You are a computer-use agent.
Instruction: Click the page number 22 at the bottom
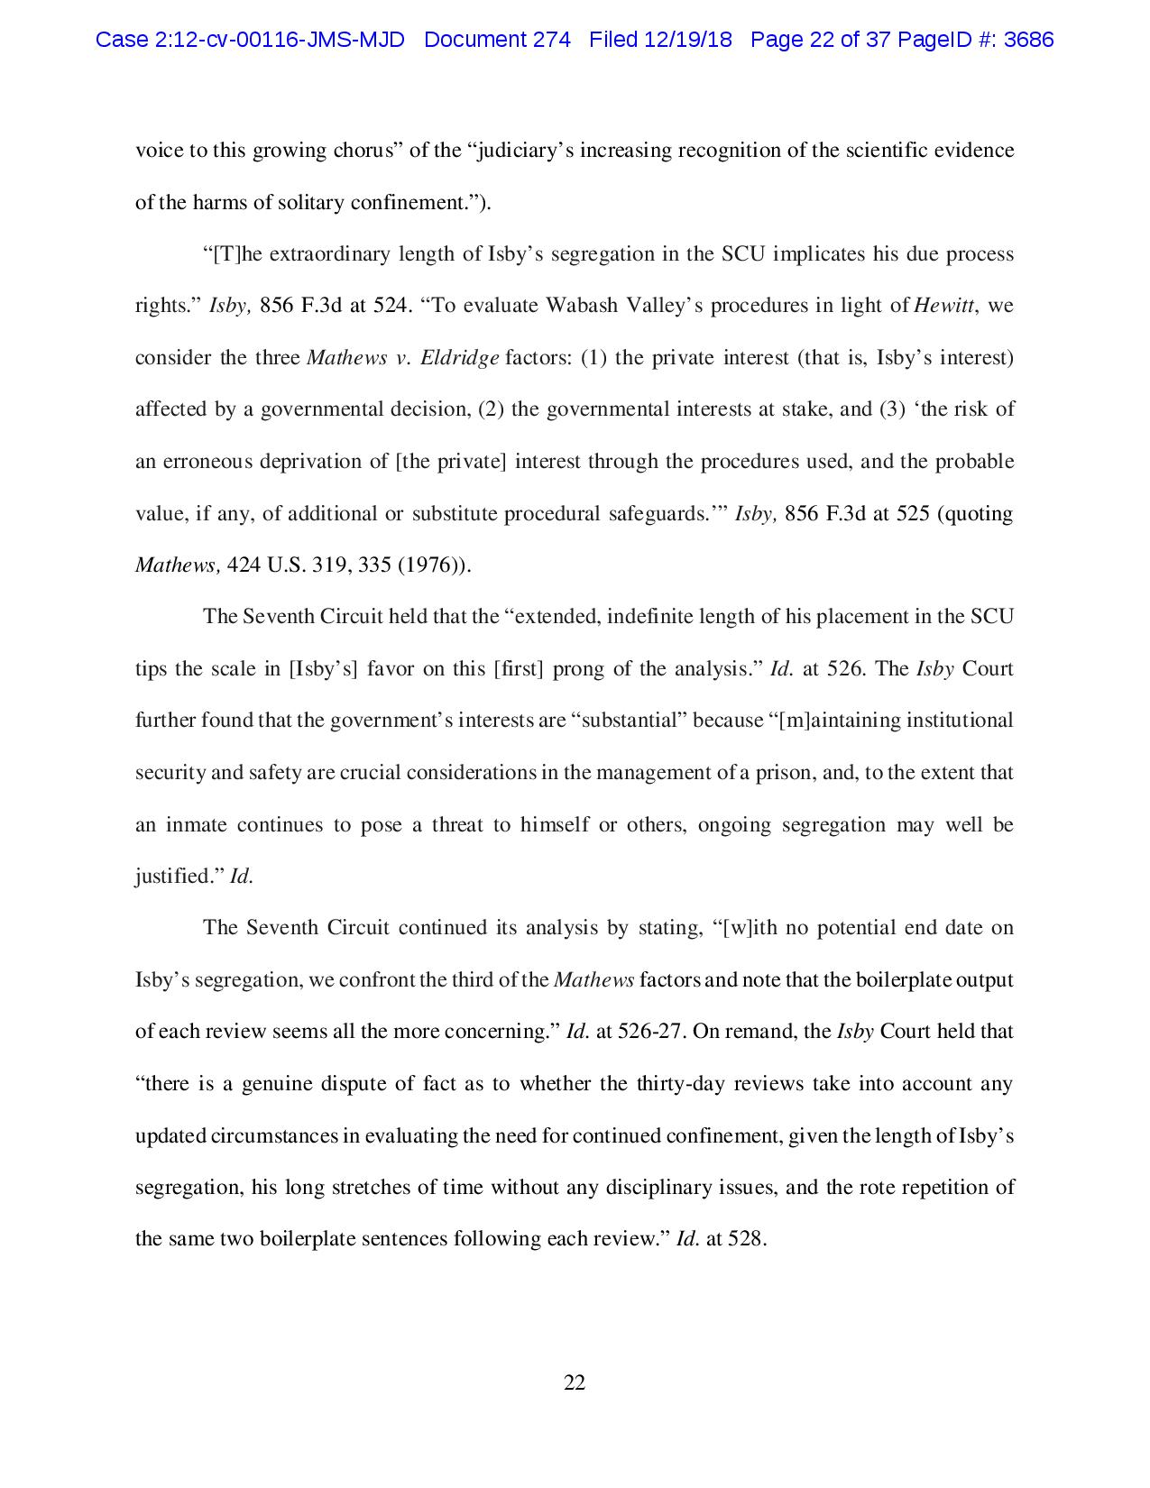(x=575, y=1383)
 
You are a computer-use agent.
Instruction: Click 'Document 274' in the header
(x=497, y=40)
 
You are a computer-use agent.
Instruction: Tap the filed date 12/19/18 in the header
(x=689, y=40)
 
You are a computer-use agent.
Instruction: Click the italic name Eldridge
(x=460, y=358)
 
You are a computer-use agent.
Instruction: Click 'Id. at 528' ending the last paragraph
(x=721, y=1239)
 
